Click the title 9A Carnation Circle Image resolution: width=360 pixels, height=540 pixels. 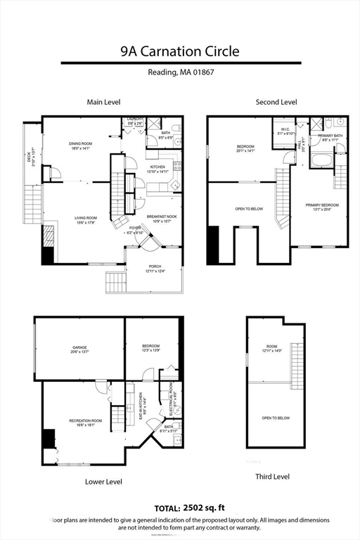point(179,51)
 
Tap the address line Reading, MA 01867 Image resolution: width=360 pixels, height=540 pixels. point(179,72)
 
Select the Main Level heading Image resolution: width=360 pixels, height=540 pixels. point(104,102)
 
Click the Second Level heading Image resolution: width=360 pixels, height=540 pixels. point(276,102)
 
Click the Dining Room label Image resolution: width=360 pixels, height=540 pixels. point(81,146)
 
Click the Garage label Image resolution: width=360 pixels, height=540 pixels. point(79,349)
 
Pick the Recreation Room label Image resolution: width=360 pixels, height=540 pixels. point(86,423)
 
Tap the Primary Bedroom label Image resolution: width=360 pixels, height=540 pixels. point(322,207)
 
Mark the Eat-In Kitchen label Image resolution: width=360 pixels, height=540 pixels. point(142,406)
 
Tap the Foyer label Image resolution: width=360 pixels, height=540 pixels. point(136,230)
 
